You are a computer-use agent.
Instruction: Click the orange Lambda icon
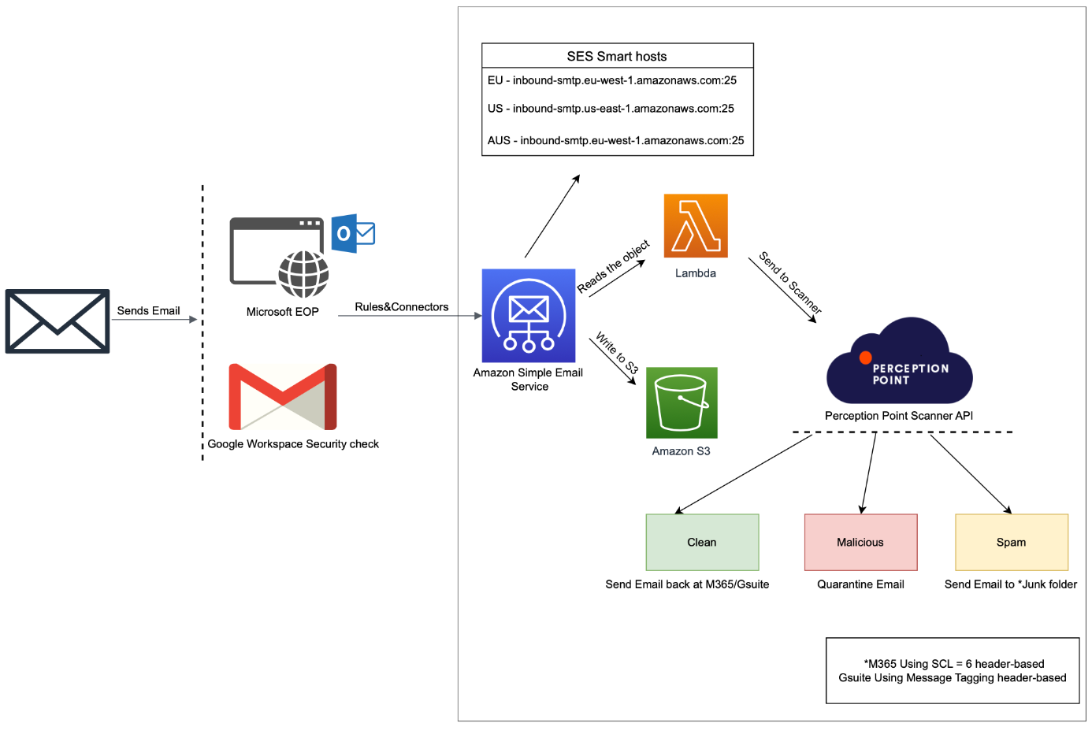696,226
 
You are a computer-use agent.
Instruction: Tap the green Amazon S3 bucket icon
682,402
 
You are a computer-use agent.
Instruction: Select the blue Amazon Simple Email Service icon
529,316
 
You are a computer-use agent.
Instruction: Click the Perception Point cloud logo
899,363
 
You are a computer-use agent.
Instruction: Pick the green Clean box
702,542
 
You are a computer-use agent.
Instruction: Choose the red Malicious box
860,542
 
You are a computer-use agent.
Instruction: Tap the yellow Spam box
1011,542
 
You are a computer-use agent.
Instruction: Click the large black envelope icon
58,321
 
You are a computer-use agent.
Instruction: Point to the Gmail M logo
283,396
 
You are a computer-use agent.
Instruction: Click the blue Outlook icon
352,233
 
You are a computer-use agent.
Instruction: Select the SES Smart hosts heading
617,56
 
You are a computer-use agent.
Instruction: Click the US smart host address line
611,109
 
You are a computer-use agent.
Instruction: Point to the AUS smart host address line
615,141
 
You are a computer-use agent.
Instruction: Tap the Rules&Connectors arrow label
401,307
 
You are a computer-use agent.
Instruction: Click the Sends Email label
148,311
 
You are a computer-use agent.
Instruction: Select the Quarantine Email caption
860,584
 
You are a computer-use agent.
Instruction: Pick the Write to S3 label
617,353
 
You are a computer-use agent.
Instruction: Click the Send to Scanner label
790,283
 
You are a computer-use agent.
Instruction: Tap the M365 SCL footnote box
952,670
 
